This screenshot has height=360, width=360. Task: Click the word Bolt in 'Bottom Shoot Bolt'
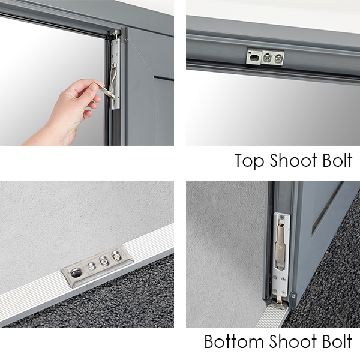coord(337,341)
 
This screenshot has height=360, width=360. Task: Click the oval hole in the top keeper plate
coord(253,58)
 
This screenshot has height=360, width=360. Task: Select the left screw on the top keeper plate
coord(267,57)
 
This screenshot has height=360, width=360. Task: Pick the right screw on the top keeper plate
coord(278,58)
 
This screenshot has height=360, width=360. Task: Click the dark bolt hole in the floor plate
coord(76,273)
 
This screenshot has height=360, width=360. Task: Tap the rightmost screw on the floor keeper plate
coord(115,256)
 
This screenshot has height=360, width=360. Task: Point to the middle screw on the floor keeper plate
coord(103,261)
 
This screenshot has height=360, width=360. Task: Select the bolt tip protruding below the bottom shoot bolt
coord(279,300)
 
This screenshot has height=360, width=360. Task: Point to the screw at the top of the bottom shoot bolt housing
coord(283,216)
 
